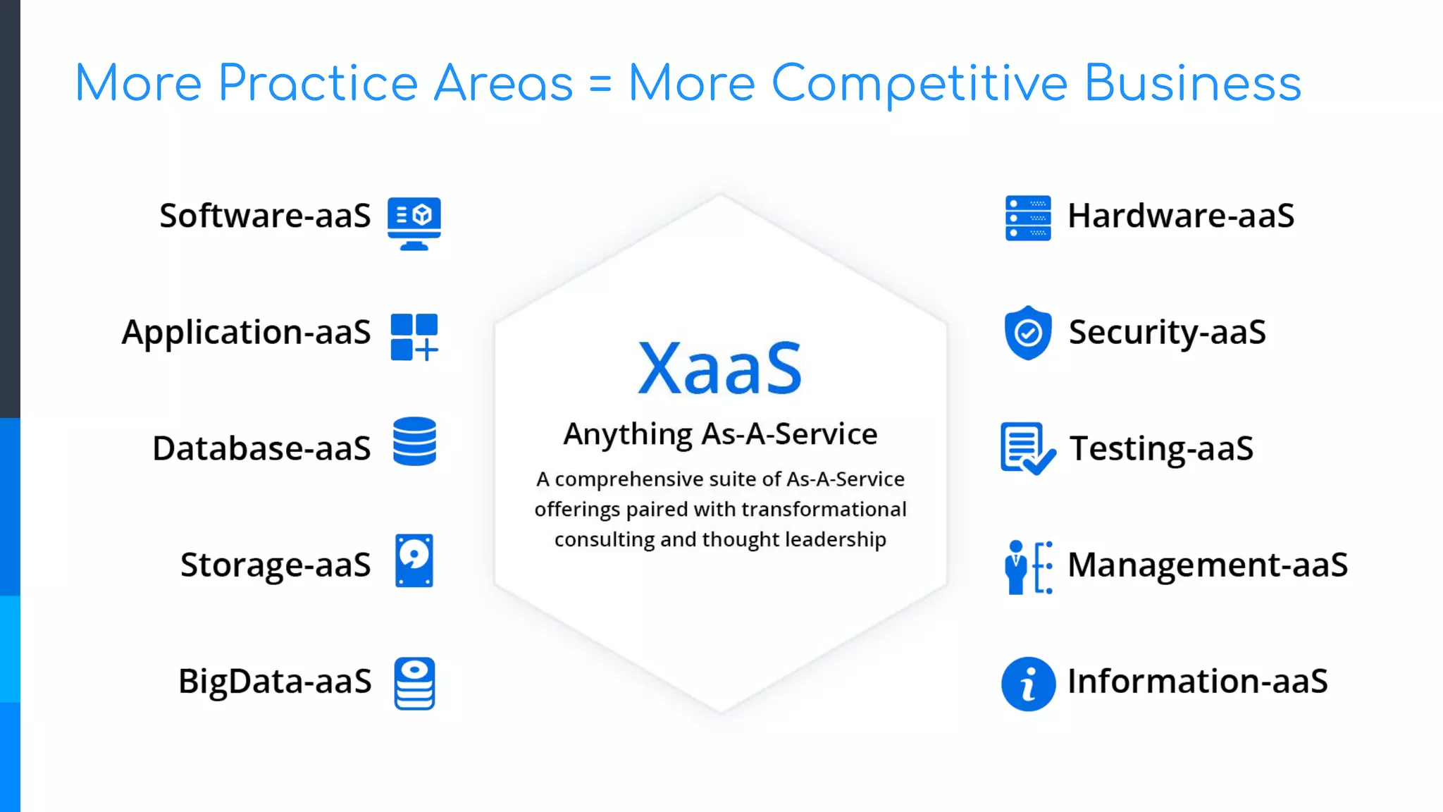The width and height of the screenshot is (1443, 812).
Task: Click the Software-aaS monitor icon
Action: click(x=414, y=223)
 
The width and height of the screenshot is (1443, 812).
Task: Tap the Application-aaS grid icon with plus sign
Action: click(x=414, y=337)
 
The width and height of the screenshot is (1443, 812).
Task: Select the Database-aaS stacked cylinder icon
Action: click(x=414, y=441)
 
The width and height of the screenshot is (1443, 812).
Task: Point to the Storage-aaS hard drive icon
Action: click(x=414, y=560)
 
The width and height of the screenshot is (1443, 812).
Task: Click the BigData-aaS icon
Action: click(x=414, y=683)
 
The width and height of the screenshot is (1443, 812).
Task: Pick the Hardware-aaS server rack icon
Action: click(x=1028, y=219)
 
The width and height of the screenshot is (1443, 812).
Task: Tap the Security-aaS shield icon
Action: click(x=1028, y=333)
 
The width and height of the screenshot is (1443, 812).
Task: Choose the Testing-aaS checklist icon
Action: click(x=1027, y=448)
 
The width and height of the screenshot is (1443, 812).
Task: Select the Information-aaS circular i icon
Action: click(x=1028, y=684)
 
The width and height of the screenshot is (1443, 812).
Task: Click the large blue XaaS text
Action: click(x=719, y=368)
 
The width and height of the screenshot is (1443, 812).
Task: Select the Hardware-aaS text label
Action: click(x=1181, y=216)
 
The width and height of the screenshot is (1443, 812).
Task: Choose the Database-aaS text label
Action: click(x=261, y=448)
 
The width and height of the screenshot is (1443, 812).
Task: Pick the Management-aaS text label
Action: click(x=1208, y=565)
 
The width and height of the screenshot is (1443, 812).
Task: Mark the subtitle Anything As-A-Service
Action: click(x=720, y=434)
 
